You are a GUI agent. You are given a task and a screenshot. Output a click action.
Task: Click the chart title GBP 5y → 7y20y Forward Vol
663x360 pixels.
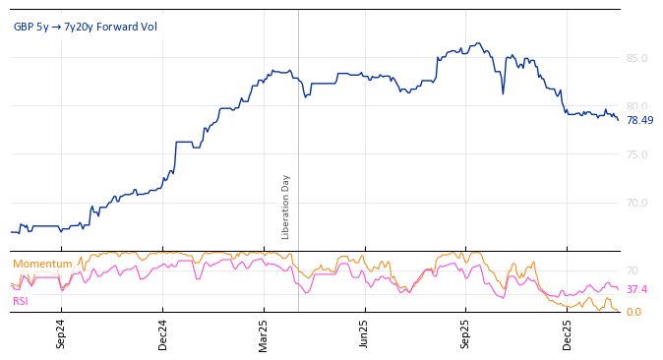(x=85, y=27)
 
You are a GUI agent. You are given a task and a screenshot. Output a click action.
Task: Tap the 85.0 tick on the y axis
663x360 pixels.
(x=636, y=58)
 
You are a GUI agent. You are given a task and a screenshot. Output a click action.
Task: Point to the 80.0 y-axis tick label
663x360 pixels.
(x=636, y=106)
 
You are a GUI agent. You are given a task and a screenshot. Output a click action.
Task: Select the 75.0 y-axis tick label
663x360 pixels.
(x=636, y=154)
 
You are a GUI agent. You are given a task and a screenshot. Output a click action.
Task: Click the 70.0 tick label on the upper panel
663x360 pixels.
(x=636, y=203)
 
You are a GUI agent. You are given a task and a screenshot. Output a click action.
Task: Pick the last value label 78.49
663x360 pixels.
(x=639, y=120)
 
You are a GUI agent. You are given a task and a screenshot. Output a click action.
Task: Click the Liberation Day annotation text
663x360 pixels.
(x=286, y=207)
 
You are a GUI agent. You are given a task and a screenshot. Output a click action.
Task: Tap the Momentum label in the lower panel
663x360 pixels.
(x=42, y=264)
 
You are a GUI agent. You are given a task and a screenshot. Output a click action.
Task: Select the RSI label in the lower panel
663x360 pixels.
(x=21, y=301)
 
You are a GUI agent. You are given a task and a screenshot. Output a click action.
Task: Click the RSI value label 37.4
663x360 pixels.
(x=636, y=289)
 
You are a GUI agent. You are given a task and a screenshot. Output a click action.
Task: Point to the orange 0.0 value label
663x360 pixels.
(x=633, y=312)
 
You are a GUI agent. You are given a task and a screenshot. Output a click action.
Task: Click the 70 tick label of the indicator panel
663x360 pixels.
(x=633, y=270)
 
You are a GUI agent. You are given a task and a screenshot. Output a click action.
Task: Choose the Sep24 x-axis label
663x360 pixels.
(x=61, y=334)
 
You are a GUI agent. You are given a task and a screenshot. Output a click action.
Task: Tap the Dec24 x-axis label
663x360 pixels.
(x=163, y=334)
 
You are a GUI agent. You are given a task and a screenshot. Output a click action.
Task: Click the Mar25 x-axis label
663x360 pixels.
(x=264, y=334)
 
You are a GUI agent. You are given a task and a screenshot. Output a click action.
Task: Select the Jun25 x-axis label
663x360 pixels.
(x=365, y=334)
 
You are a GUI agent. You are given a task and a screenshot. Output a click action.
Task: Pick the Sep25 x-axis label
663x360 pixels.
(x=466, y=334)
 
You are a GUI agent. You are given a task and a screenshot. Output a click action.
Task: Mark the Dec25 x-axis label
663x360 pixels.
(x=568, y=334)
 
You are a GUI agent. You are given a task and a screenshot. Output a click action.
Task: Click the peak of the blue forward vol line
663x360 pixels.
(x=478, y=43)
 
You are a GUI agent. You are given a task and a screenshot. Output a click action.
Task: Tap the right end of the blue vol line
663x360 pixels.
(x=618, y=119)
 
